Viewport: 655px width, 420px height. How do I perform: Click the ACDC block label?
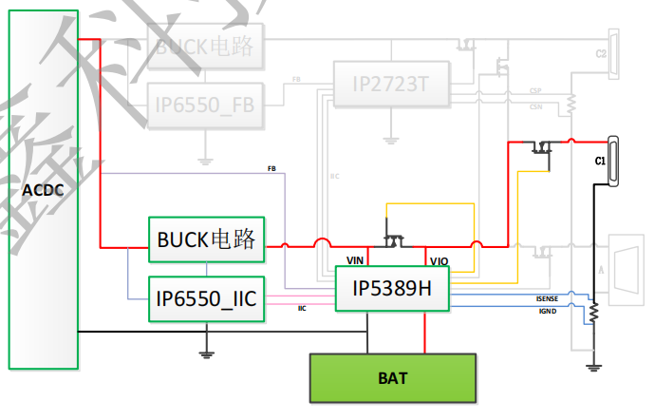pyautogui.click(x=43, y=189)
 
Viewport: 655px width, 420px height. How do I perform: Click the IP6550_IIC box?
pyautogui.click(x=206, y=298)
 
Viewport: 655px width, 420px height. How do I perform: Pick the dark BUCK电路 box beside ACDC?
pyautogui.click(x=206, y=239)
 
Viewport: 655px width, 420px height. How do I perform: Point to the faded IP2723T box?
pyautogui.click(x=390, y=85)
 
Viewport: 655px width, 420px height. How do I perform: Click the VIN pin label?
pyautogui.click(x=356, y=259)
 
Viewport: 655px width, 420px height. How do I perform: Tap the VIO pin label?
pyautogui.click(x=439, y=260)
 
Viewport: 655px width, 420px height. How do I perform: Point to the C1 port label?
pyautogui.click(x=600, y=162)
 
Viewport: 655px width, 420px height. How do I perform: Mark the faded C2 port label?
pyautogui.click(x=600, y=54)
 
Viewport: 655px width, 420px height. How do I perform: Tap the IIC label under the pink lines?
pyautogui.click(x=302, y=309)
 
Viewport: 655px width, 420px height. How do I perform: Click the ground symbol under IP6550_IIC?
pyautogui.click(x=206, y=353)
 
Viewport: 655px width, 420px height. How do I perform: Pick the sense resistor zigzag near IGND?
pyautogui.click(x=593, y=313)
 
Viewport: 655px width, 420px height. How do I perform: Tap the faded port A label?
pyautogui.click(x=601, y=269)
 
